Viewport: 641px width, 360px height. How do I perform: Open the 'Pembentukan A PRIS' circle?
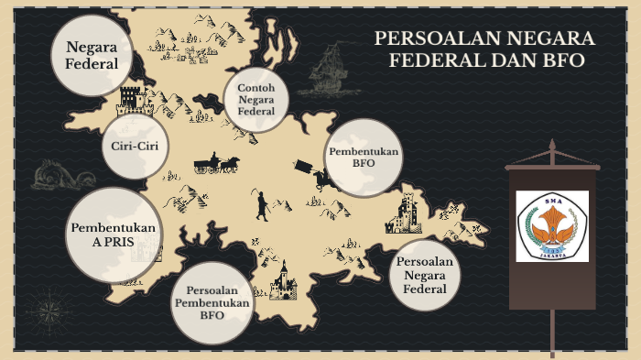point(112,235)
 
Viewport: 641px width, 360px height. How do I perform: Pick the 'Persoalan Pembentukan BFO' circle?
point(212,301)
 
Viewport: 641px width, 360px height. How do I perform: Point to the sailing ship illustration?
point(326,69)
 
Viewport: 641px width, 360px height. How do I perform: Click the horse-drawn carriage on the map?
point(216,164)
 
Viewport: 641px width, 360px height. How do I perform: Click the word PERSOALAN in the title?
point(429,38)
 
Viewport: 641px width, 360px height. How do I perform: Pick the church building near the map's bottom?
point(282,279)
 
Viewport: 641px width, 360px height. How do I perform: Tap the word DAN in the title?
point(518,60)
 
